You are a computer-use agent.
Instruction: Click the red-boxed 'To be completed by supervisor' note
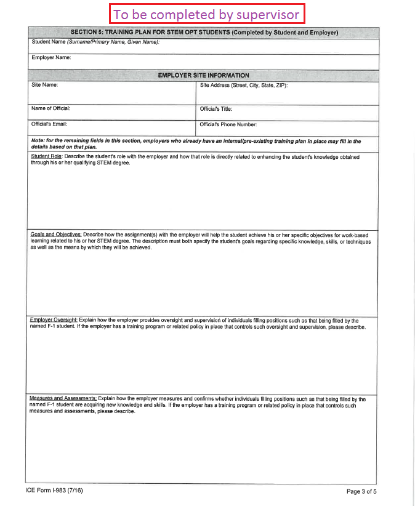click(x=207, y=14)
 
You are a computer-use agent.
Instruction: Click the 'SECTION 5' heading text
click(x=204, y=33)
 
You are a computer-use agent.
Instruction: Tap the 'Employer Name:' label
click(x=52, y=58)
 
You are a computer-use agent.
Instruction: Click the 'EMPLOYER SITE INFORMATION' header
click(x=203, y=75)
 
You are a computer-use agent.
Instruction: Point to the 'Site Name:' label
click(x=44, y=86)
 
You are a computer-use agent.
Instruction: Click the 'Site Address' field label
click(x=244, y=86)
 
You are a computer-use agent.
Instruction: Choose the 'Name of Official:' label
click(x=51, y=109)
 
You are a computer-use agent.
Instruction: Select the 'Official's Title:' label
click(x=216, y=109)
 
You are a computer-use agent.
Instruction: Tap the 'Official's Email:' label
click(x=49, y=124)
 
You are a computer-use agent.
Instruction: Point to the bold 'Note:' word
click(x=38, y=141)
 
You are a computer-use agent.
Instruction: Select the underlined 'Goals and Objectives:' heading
click(x=56, y=235)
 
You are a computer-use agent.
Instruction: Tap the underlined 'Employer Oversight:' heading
click(x=54, y=320)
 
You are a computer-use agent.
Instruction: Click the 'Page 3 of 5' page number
click(x=361, y=491)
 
